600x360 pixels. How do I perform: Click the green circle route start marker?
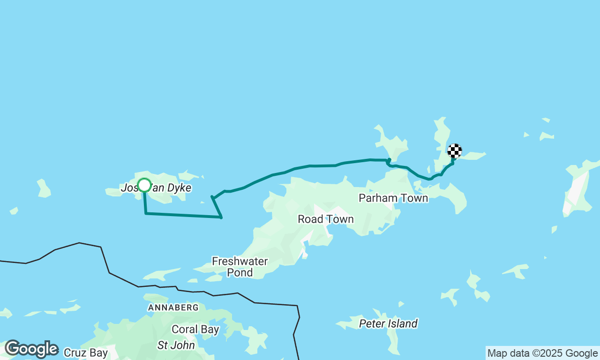coord(144,185)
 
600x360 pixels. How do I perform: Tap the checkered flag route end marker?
coord(454,151)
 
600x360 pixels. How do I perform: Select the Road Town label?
coord(326,219)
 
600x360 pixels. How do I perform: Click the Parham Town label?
coord(393,198)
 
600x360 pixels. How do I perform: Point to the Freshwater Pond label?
coord(240,267)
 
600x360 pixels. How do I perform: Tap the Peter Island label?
coord(388,324)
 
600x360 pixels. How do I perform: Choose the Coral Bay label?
coord(195,330)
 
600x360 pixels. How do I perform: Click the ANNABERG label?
coord(173,307)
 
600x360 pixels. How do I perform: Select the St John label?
coord(175,345)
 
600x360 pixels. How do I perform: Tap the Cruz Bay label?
coord(86,352)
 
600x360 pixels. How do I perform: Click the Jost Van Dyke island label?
coord(156,188)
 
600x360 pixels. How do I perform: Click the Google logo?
coord(31,349)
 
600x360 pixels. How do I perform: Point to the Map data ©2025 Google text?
coord(542,353)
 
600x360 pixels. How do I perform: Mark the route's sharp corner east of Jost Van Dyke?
coord(221,217)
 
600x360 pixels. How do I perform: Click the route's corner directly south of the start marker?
coord(146,213)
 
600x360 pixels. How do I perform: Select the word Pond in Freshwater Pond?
coord(240,272)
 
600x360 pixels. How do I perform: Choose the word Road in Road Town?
coord(310,219)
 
